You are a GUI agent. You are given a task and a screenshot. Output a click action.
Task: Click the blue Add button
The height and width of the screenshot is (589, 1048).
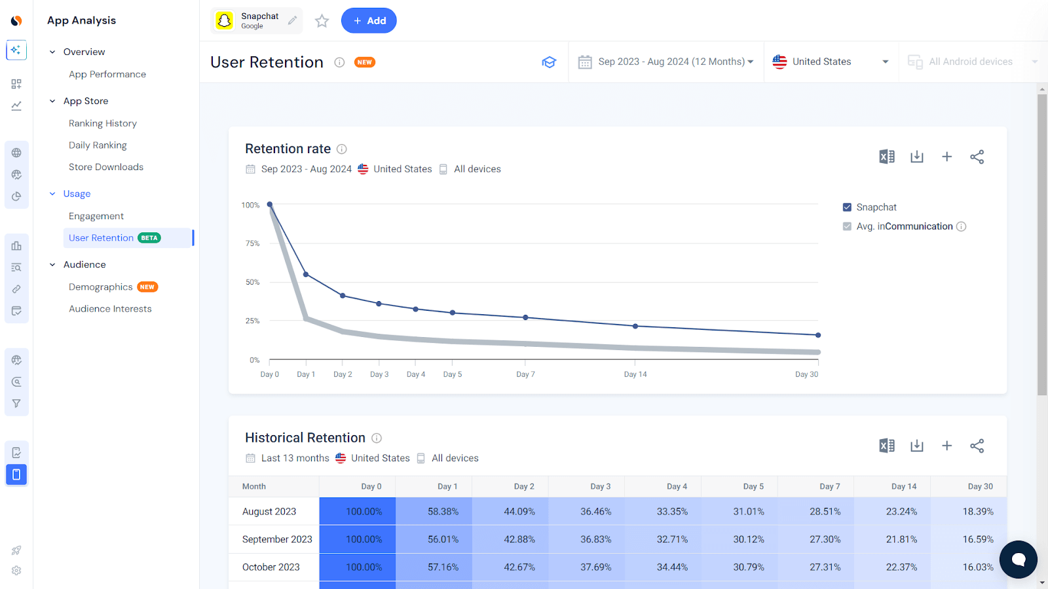point(369,21)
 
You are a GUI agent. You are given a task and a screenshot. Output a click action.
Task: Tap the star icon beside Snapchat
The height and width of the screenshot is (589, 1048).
point(322,21)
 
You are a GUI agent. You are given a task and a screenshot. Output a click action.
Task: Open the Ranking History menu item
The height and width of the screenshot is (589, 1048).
point(103,123)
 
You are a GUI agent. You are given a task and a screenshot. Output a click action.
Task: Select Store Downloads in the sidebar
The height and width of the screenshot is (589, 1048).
point(106,167)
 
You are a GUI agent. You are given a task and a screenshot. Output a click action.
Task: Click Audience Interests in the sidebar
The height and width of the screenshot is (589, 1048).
point(110,309)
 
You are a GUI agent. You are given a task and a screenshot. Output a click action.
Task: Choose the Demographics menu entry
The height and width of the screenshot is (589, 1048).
point(101,287)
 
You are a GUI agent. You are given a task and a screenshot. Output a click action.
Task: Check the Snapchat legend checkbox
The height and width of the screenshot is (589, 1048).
point(847,207)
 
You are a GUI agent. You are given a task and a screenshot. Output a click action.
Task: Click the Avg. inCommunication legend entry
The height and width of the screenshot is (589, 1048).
point(904,226)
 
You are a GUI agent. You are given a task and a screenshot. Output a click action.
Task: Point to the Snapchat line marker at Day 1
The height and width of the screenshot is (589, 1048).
point(306,275)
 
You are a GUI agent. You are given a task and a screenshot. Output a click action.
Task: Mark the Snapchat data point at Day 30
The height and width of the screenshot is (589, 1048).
point(818,335)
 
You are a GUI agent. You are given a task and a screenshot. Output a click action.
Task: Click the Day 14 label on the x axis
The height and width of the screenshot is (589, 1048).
point(635,374)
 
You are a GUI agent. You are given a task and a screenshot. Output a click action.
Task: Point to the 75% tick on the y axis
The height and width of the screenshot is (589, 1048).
point(253,243)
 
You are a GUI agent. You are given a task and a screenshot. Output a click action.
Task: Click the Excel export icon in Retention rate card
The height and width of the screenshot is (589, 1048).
point(887,156)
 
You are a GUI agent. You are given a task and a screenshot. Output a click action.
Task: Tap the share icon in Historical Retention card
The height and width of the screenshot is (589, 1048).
point(977,446)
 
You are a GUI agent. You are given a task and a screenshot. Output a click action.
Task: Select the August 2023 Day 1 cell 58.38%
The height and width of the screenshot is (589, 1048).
point(443,512)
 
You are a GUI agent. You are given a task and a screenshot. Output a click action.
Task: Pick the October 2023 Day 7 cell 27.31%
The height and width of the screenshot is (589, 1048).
point(825,567)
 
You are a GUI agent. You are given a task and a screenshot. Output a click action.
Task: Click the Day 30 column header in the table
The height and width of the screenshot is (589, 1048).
point(980,486)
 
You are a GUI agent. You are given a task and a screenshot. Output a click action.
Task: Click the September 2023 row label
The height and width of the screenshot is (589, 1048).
point(277,539)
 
